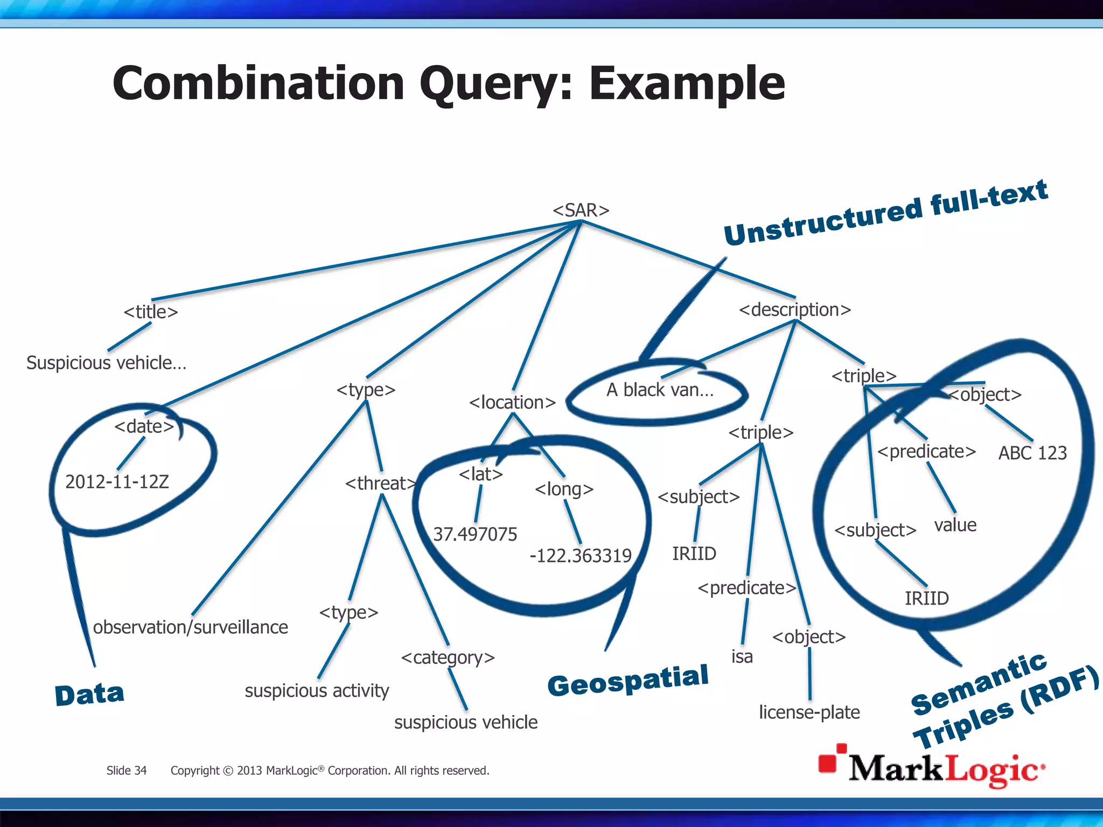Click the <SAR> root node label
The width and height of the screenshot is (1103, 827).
tap(581, 210)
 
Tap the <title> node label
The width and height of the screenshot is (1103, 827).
tap(150, 312)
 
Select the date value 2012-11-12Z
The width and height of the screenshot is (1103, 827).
tap(117, 481)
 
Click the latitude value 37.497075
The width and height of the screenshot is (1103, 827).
tap(474, 534)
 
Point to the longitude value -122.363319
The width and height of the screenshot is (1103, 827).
tap(580, 556)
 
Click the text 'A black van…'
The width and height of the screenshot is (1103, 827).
tap(660, 390)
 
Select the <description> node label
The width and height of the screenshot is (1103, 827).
tap(794, 310)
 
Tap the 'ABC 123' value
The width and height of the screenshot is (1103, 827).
tap(1032, 453)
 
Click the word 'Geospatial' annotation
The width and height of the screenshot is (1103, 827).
tap(627, 681)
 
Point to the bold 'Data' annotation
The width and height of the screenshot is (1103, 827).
tap(89, 694)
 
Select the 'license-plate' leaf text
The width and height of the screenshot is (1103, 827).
tap(809, 712)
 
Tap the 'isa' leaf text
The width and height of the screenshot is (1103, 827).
tap(742, 657)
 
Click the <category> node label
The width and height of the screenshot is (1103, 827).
tap(448, 657)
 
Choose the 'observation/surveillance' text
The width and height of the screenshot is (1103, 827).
tap(190, 627)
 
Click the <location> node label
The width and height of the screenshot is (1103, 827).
tap(512, 402)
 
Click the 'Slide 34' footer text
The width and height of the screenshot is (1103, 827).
tap(126, 770)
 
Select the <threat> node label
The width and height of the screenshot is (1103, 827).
tap(381, 483)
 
